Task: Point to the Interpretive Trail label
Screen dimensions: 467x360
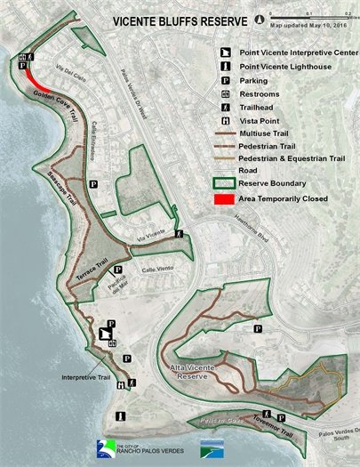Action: pyautogui.click(x=87, y=377)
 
